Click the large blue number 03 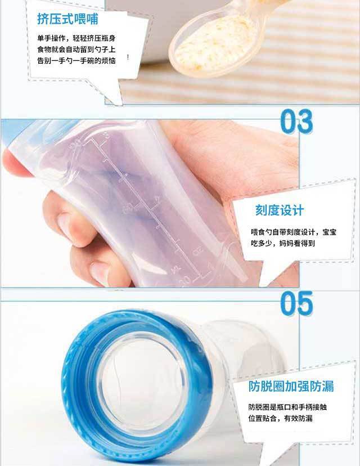tap(296, 121)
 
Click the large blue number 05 tap(296, 303)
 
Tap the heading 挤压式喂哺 tap(67, 19)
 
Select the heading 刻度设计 tap(280, 210)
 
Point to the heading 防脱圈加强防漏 tap(291, 386)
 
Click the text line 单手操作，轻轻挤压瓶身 tap(76, 38)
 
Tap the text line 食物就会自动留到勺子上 tap(76, 50)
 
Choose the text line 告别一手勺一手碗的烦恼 tap(76, 61)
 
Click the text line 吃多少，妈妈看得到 tap(283, 243)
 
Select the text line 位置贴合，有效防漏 tap(280, 419)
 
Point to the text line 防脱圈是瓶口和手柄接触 tap(287, 407)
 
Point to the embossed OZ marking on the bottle tap(197, 252)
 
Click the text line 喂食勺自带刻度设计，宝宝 tap(294, 232)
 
